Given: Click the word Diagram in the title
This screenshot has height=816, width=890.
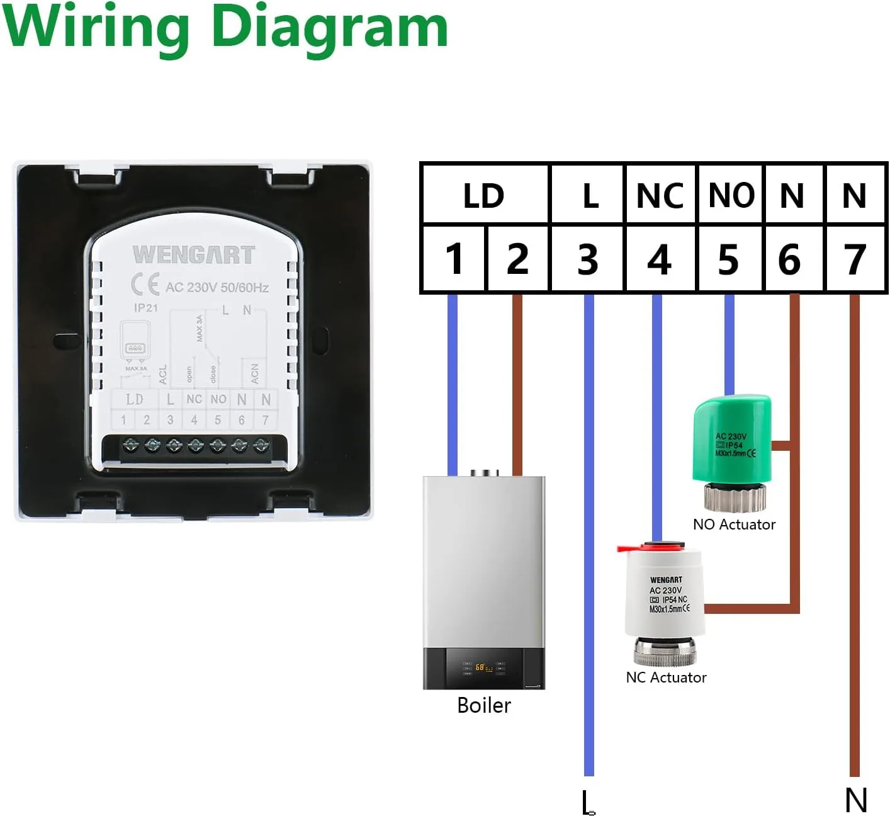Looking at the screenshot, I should pyautogui.click(x=330, y=28).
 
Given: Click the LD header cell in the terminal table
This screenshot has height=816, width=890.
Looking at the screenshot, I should pyautogui.click(x=484, y=196).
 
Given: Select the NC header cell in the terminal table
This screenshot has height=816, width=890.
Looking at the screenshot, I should pyautogui.click(x=660, y=196).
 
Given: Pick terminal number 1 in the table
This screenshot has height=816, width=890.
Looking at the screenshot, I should pyautogui.click(x=454, y=259).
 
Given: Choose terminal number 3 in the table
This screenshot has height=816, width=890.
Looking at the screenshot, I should pyautogui.click(x=587, y=259).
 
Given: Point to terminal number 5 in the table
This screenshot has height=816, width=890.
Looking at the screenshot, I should pyautogui.click(x=728, y=259).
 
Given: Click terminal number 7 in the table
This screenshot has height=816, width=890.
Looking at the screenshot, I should pyautogui.click(x=854, y=259).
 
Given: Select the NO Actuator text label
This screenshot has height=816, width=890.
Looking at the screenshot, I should pyautogui.click(x=734, y=524).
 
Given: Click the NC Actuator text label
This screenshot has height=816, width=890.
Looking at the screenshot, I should pyautogui.click(x=666, y=677).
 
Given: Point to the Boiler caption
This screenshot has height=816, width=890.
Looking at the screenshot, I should pyautogui.click(x=483, y=705).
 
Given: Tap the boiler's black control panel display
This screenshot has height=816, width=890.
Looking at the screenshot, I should pyautogui.click(x=483, y=667).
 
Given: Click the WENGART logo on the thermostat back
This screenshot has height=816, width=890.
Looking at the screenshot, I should pyautogui.click(x=193, y=255).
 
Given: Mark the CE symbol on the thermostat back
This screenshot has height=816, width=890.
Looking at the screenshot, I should pyautogui.click(x=145, y=285).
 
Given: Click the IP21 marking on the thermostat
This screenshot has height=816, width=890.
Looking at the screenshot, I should pyautogui.click(x=146, y=308).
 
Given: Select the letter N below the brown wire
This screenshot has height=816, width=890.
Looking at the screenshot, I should pyautogui.click(x=856, y=800).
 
